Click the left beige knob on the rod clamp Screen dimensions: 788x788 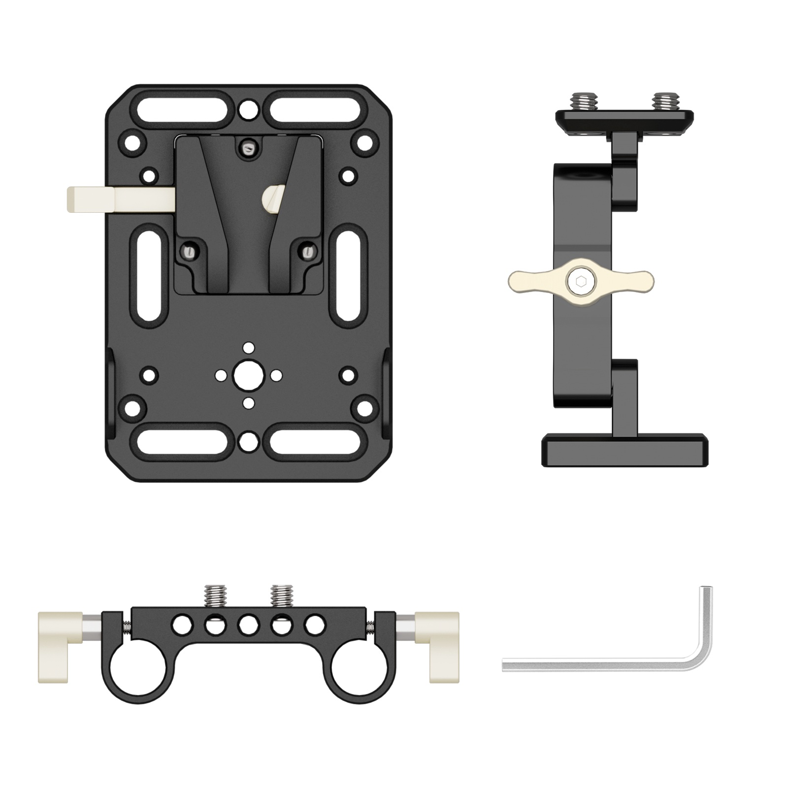point(60,647)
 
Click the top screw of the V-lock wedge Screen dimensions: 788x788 point(249,147)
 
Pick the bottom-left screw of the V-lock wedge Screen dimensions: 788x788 point(190,253)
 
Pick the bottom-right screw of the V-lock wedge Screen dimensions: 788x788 point(308,253)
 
